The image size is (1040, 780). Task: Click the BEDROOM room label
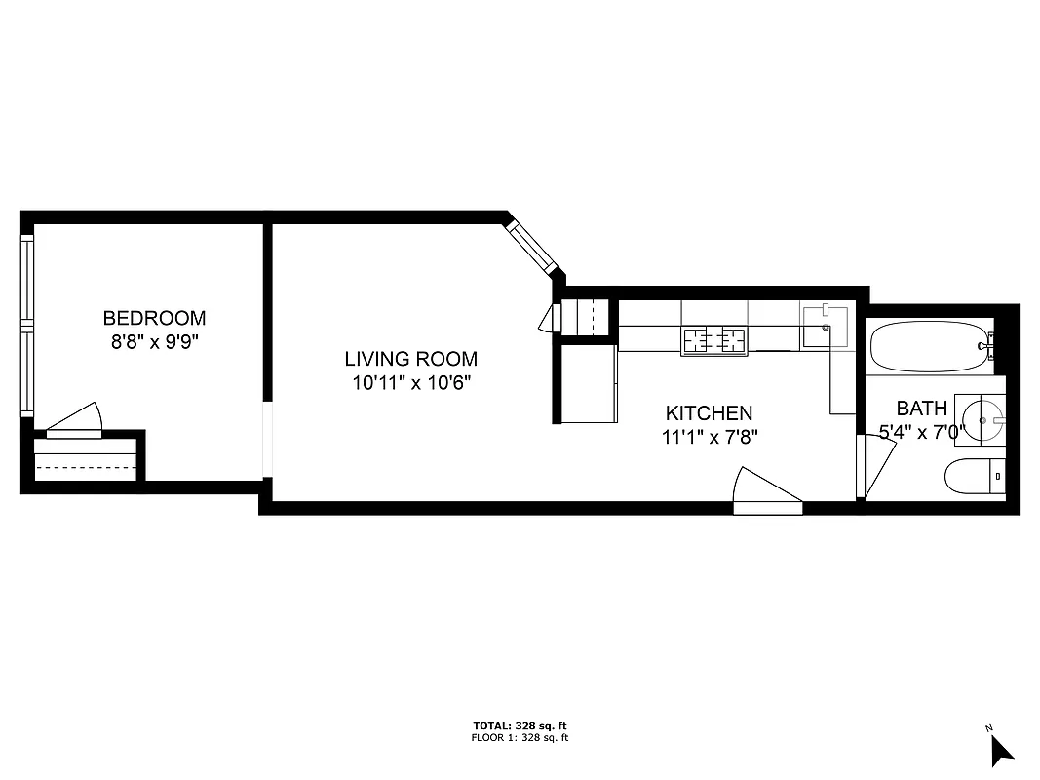point(154,318)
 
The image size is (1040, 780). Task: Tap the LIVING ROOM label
point(410,358)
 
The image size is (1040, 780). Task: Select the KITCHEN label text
point(709,413)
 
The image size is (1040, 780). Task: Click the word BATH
point(921,408)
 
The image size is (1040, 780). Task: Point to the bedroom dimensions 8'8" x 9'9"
point(154,342)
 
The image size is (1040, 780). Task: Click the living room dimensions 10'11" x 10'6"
point(410,382)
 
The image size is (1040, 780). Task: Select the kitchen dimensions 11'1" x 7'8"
point(709,437)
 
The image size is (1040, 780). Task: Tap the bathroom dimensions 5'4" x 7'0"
point(921,432)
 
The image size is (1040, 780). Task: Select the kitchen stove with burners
point(713,340)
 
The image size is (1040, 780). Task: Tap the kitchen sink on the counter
point(825,327)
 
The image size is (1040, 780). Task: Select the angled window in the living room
point(533,247)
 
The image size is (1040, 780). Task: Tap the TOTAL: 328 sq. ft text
point(520,726)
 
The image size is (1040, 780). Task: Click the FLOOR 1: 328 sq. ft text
point(520,738)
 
